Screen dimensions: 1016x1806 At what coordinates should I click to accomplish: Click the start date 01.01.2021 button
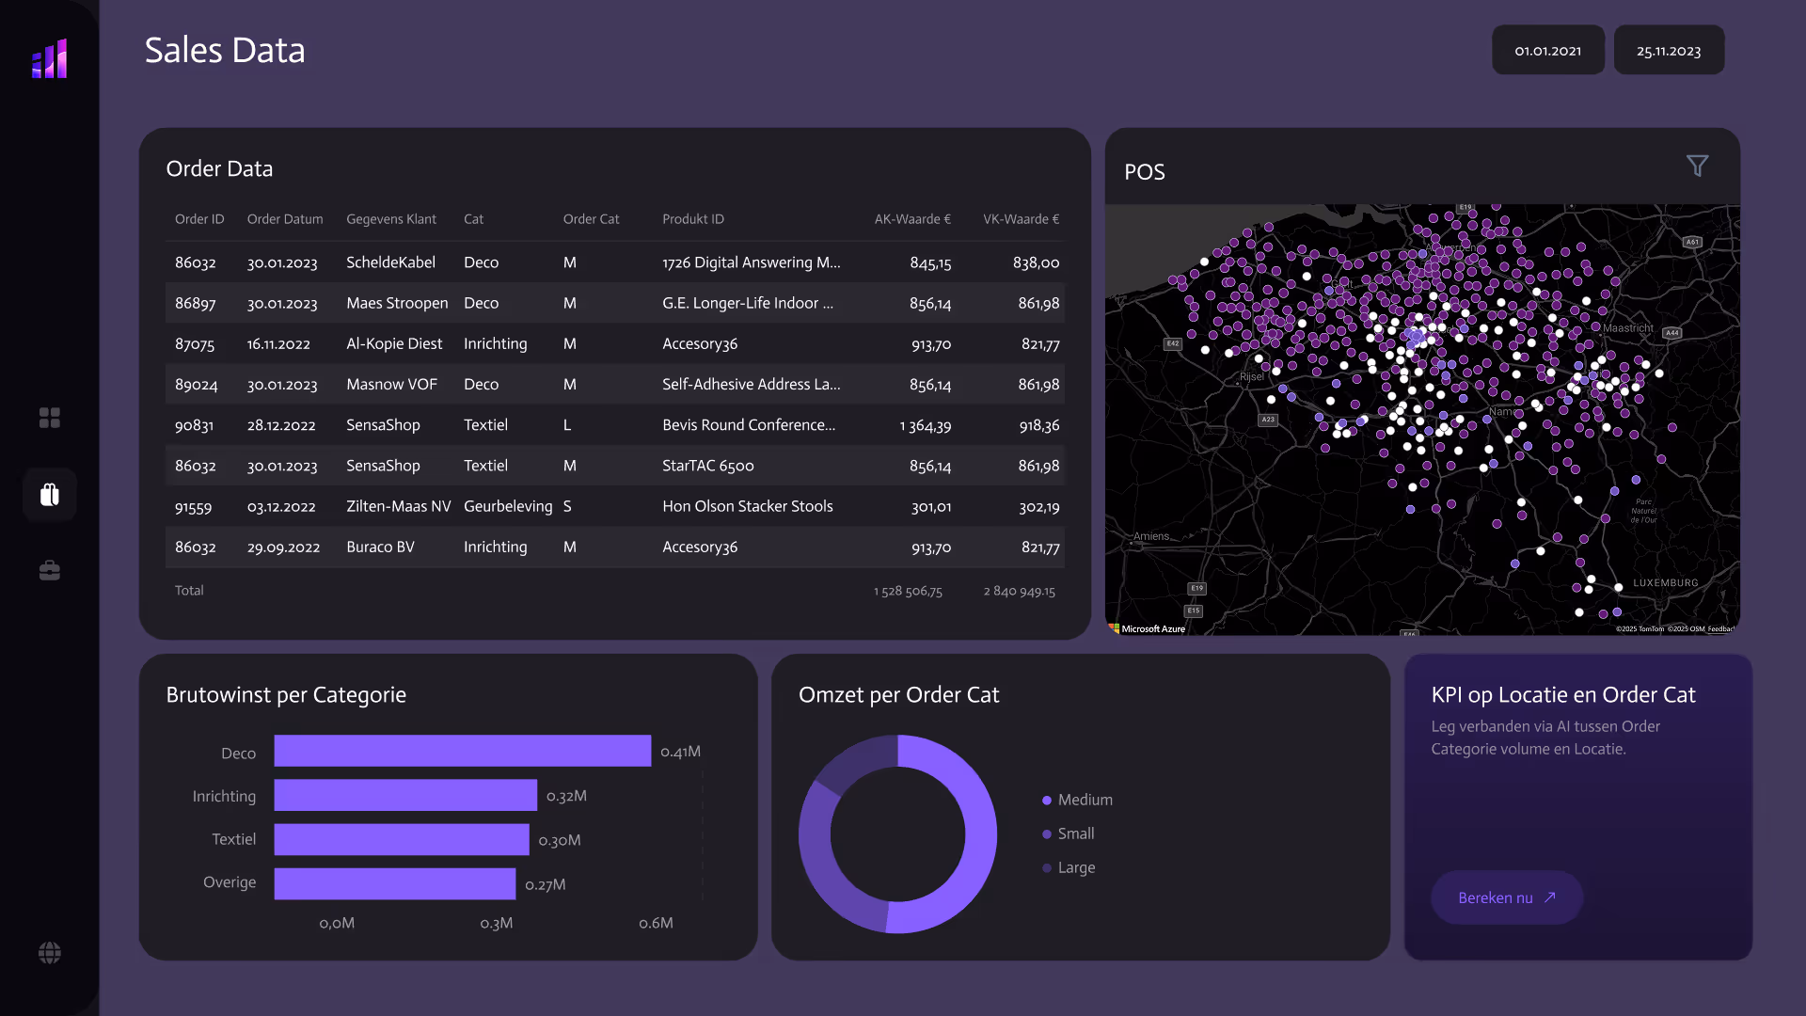(1547, 51)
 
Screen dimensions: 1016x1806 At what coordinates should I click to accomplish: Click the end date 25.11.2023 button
(1668, 51)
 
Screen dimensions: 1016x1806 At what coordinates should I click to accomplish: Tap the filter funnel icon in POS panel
(1697, 167)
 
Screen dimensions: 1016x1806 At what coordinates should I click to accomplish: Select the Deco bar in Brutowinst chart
(462, 751)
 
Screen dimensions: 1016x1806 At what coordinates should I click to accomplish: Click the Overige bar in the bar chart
(394, 883)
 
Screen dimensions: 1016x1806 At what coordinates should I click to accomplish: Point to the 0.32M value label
(566, 796)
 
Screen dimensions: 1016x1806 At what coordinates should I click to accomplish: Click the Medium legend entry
(1084, 800)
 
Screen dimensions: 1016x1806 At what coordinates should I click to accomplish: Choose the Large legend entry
(1075, 867)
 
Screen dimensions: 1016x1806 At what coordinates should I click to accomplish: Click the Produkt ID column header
(693, 219)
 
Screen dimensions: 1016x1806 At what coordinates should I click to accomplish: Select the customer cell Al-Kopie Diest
(393, 343)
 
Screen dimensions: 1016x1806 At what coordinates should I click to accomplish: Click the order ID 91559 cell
(193, 507)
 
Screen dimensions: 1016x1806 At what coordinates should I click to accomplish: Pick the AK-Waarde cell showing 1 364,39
(925, 425)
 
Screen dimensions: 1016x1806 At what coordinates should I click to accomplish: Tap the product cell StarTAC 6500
(707, 466)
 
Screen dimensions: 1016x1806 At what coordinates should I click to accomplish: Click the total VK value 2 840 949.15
(1019, 591)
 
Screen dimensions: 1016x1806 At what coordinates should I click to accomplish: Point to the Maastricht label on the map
(1627, 328)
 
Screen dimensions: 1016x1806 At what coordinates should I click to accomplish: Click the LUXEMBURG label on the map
(1665, 582)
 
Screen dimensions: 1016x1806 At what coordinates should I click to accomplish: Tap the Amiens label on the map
(1151, 536)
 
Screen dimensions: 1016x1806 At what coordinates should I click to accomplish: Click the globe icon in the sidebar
(50, 953)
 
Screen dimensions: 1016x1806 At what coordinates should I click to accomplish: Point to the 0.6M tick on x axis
(656, 923)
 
